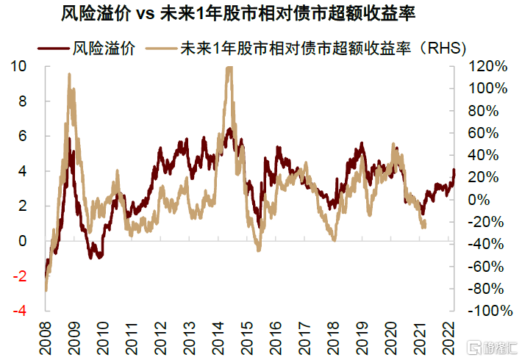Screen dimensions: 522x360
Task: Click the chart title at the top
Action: click(238, 14)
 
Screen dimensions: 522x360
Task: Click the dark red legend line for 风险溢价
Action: click(53, 48)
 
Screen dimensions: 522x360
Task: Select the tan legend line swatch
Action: click(161, 48)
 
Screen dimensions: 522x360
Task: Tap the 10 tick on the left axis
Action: click(18, 66)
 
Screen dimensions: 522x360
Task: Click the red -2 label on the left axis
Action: click(20, 276)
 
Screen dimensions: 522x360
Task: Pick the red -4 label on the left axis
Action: click(20, 311)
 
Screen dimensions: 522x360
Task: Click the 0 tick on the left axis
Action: click(22, 241)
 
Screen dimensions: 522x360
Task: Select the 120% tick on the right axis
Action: click(487, 66)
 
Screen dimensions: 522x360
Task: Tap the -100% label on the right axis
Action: click(490, 311)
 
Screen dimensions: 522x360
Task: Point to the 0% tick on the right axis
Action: click(479, 200)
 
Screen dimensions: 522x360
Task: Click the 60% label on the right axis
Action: click(483, 133)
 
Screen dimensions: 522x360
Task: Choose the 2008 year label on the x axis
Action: click(46, 338)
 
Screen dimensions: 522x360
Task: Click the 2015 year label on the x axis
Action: click(247, 338)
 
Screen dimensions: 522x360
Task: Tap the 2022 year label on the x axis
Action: click(449, 338)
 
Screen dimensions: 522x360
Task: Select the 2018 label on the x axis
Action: click(333, 338)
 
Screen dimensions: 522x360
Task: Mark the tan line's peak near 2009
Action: click(69, 74)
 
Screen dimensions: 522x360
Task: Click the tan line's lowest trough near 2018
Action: click(335, 240)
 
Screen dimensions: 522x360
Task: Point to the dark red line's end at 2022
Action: click(454, 170)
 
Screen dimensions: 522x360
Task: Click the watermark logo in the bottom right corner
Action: click(492, 348)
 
